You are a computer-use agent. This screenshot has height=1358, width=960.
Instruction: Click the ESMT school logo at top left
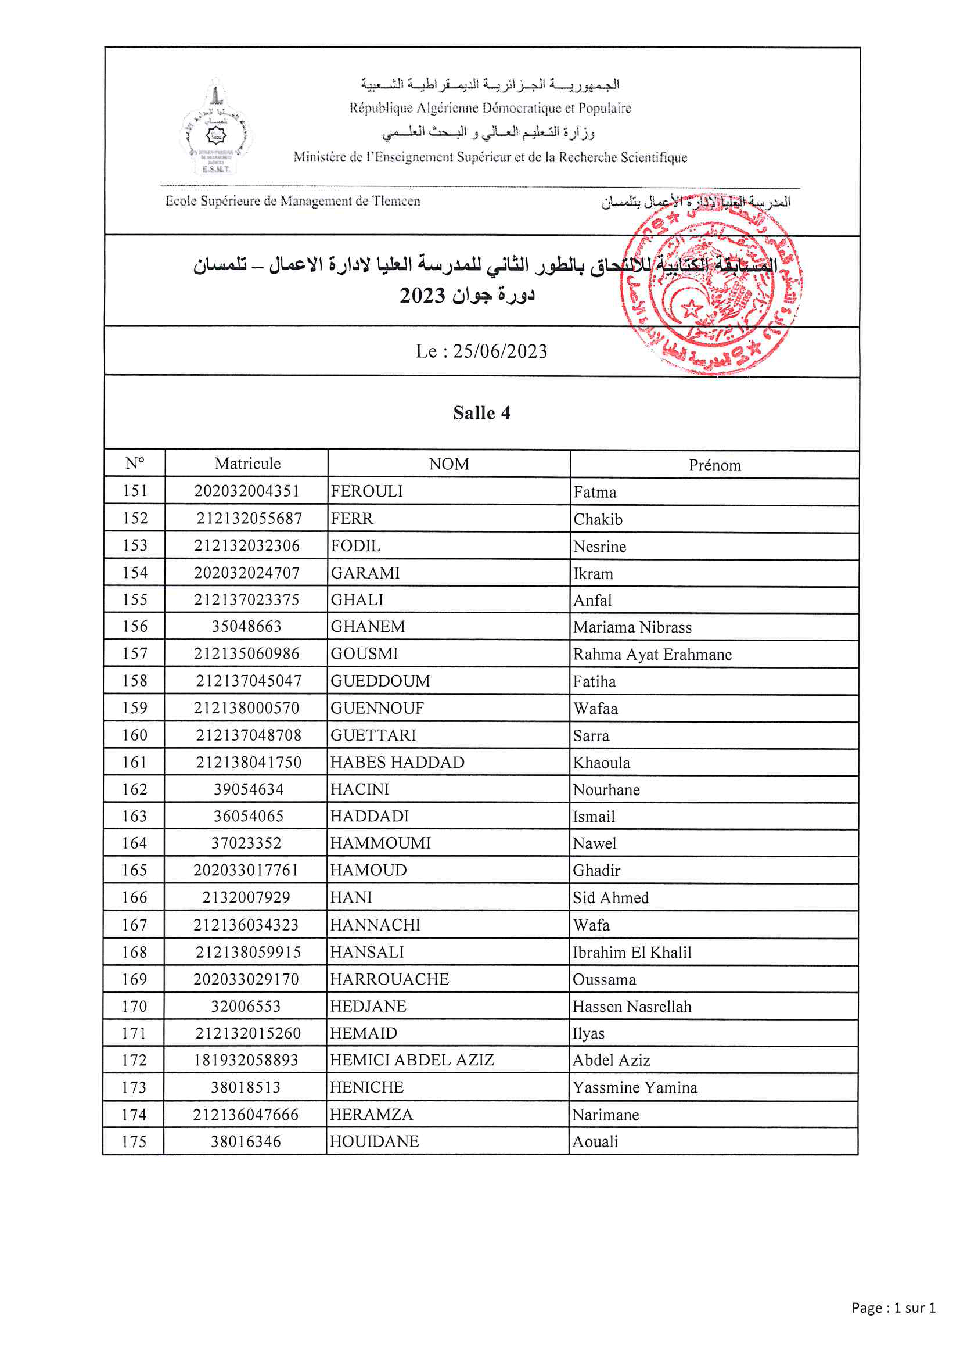tap(216, 128)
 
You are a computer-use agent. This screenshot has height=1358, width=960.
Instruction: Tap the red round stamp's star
tap(691, 308)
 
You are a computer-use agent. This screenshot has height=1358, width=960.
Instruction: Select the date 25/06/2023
tap(500, 351)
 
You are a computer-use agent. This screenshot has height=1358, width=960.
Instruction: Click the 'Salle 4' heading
tap(481, 413)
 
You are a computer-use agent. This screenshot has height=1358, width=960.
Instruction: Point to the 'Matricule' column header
tap(247, 464)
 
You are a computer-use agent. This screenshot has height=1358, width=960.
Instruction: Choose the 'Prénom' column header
tap(714, 465)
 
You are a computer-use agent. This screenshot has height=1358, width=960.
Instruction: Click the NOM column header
tap(448, 464)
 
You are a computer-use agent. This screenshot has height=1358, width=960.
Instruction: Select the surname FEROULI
tap(366, 491)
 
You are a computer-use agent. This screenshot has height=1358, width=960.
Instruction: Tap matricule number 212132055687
tap(249, 519)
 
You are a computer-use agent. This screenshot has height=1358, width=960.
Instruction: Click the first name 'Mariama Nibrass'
tap(632, 627)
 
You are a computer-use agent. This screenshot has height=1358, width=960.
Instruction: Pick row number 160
tap(135, 735)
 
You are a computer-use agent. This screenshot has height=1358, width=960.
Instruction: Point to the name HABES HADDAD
tap(397, 763)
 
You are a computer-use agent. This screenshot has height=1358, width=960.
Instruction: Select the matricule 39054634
tap(249, 789)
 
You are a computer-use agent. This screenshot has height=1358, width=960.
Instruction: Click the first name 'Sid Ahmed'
tap(610, 898)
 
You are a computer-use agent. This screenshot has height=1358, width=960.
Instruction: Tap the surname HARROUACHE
tap(389, 979)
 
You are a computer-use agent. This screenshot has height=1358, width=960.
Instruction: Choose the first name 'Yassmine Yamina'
tap(635, 1088)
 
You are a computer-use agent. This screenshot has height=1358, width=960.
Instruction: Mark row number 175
tap(134, 1142)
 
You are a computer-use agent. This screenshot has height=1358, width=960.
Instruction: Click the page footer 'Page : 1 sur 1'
tap(893, 1307)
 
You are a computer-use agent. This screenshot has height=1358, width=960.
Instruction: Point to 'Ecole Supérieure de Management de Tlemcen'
tap(293, 201)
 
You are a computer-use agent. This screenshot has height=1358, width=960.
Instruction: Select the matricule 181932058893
tap(246, 1061)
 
